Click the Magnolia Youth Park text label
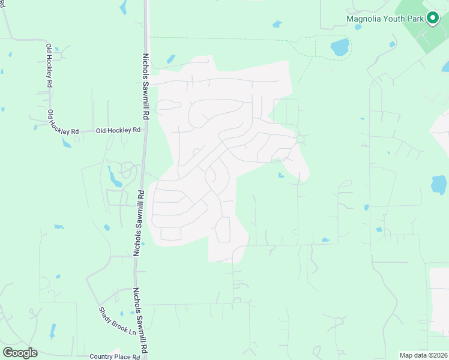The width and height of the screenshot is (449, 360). [385, 18]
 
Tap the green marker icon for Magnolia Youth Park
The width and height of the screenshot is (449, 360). [432, 18]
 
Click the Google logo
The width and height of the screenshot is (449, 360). [20, 352]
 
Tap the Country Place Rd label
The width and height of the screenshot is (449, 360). [114, 356]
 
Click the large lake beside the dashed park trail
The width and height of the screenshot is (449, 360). [340, 46]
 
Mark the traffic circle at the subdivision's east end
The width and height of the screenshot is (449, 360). [300, 139]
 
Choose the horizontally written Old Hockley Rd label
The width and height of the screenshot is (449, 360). [118, 130]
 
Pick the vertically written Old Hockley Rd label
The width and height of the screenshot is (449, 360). [49, 67]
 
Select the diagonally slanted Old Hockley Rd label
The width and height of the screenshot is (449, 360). [63, 122]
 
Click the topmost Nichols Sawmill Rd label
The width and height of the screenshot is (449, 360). [145, 85]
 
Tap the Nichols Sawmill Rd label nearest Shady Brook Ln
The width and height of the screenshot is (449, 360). [140, 320]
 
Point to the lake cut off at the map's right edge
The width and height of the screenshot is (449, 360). [440, 185]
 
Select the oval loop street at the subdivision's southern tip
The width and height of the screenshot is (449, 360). [223, 230]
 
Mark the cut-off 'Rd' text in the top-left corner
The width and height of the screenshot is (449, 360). [2, 4]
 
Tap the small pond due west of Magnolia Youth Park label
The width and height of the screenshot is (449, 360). [277, 24]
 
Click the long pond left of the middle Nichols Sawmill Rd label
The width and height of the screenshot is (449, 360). [112, 176]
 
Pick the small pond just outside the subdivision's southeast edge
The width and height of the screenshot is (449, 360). [281, 175]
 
